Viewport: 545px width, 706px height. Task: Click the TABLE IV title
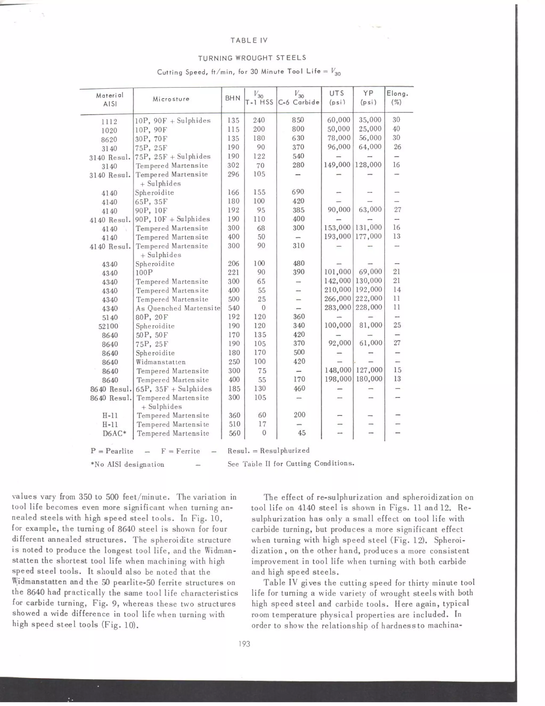[x=249, y=40]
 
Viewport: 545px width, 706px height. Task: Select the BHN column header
[x=233, y=98]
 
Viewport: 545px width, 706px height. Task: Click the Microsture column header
[x=171, y=99]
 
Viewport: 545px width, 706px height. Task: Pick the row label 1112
[x=109, y=121]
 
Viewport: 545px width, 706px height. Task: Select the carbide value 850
[x=298, y=120]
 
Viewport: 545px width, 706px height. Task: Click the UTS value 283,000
[x=337, y=307]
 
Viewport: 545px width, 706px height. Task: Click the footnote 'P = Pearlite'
[x=112, y=451]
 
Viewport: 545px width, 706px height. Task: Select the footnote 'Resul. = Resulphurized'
[x=268, y=450]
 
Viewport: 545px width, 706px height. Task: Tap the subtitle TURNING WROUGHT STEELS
[x=252, y=58]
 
